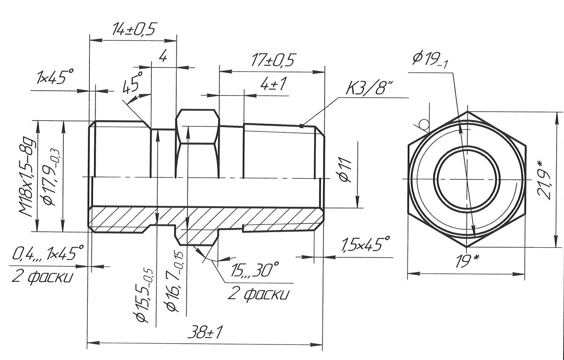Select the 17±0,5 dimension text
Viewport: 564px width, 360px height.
pos(272,60)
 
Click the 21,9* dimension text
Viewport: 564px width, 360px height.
pos(545,179)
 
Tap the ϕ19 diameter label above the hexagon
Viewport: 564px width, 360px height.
pos(430,60)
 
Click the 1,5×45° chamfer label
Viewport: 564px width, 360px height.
pos(365,245)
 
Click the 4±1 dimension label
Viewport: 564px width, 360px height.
pos(273,85)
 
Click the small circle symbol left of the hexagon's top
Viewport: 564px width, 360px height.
pos(424,124)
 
